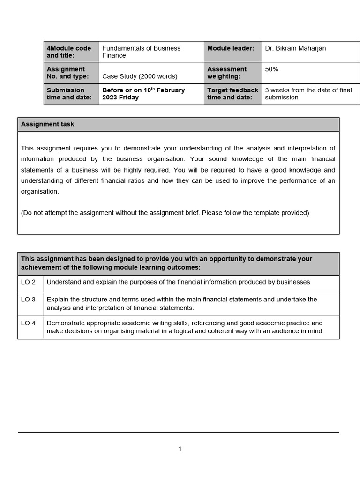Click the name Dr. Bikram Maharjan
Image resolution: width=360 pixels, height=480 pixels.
pos(295,48)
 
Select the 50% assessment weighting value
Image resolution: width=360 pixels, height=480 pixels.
pos(271,69)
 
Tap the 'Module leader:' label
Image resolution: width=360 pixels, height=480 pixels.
pos(230,48)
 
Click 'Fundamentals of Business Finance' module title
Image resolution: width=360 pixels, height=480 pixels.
pos(141,52)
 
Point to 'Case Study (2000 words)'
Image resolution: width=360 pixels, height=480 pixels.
pos(140,76)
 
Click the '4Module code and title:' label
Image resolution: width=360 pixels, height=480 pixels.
pos(69,52)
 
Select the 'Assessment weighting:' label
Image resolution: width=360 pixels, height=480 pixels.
pos(227,73)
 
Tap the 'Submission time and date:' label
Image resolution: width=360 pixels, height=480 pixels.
pos(66,94)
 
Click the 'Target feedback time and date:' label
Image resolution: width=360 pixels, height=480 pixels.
pos(232,94)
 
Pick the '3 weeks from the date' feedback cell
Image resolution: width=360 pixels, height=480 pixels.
pos(308,94)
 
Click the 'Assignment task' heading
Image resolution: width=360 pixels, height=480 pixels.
pos(47,124)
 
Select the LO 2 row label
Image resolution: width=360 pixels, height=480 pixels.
pos(28,282)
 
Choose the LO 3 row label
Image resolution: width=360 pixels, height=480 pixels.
pos(28,300)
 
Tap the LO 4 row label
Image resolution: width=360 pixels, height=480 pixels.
pos(28,323)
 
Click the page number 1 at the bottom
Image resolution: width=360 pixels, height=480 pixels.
pos(180,449)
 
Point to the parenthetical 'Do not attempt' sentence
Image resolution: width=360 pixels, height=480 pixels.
pos(165,213)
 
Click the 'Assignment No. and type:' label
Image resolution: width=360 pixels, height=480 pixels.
pos(67,73)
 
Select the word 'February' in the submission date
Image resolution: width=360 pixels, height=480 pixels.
pos(170,90)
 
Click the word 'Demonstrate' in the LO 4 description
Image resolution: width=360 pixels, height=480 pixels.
pos(66,323)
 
